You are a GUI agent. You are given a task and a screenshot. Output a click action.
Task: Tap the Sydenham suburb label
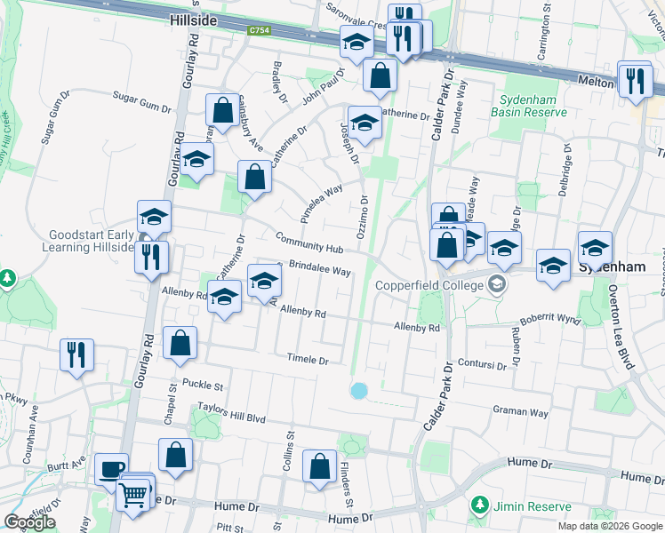click(x=609, y=266)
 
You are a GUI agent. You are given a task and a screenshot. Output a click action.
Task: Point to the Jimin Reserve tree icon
click(x=480, y=505)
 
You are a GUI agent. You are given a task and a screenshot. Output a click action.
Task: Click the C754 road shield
click(x=259, y=31)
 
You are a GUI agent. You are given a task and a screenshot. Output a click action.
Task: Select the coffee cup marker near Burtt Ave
click(x=112, y=469)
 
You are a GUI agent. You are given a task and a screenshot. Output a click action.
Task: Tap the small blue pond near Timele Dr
click(x=359, y=391)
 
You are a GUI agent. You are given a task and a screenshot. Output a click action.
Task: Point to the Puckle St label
click(x=202, y=385)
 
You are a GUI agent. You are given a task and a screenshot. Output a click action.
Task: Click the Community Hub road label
click(x=309, y=243)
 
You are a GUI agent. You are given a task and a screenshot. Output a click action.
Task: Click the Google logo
click(x=29, y=522)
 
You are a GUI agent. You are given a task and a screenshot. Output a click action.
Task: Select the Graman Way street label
click(x=521, y=412)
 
